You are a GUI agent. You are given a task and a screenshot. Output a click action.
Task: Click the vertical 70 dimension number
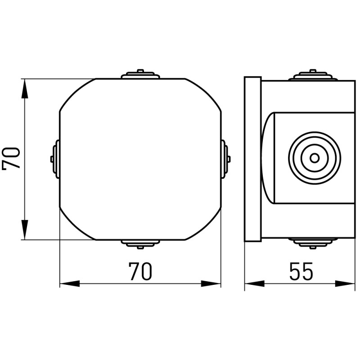11,158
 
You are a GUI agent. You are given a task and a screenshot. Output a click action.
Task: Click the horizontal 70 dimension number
140,272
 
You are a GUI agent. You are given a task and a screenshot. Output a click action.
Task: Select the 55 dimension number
301,271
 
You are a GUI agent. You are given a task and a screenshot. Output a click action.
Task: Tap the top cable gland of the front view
140,74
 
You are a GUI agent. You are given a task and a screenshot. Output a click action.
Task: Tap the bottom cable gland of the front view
140,244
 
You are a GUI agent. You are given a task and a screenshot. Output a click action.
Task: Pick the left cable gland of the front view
55,159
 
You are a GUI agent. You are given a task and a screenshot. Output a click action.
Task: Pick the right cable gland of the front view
226,159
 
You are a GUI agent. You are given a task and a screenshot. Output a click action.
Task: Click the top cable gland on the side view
313,75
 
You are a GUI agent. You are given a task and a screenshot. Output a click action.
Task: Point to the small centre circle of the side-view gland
315,158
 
